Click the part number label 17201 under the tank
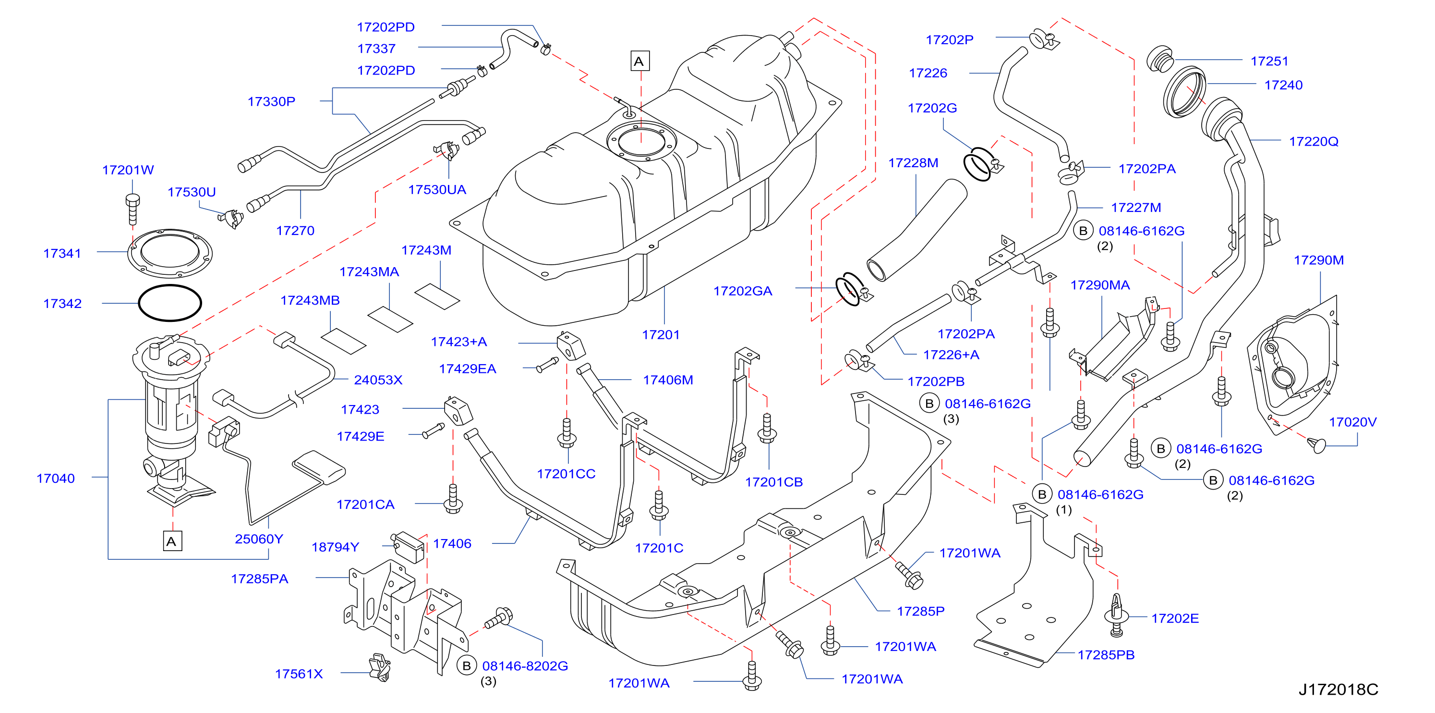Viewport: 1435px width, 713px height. coord(661,334)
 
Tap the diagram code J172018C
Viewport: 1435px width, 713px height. coord(1338,689)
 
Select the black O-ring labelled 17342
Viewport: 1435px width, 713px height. coord(170,303)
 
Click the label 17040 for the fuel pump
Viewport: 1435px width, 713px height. coord(56,479)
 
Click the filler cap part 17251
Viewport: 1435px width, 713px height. coord(1160,59)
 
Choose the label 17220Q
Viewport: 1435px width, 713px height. coord(1314,142)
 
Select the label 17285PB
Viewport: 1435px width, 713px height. coord(1106,655)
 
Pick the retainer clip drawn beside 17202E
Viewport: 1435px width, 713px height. coord(1116,615)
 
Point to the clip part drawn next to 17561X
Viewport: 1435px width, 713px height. coord(380,667)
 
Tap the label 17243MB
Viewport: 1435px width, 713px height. coord(310,300)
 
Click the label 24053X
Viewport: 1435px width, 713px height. coord(378,380)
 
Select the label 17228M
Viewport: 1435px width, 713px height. coord(913,163)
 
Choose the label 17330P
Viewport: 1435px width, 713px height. coord(271,101)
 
